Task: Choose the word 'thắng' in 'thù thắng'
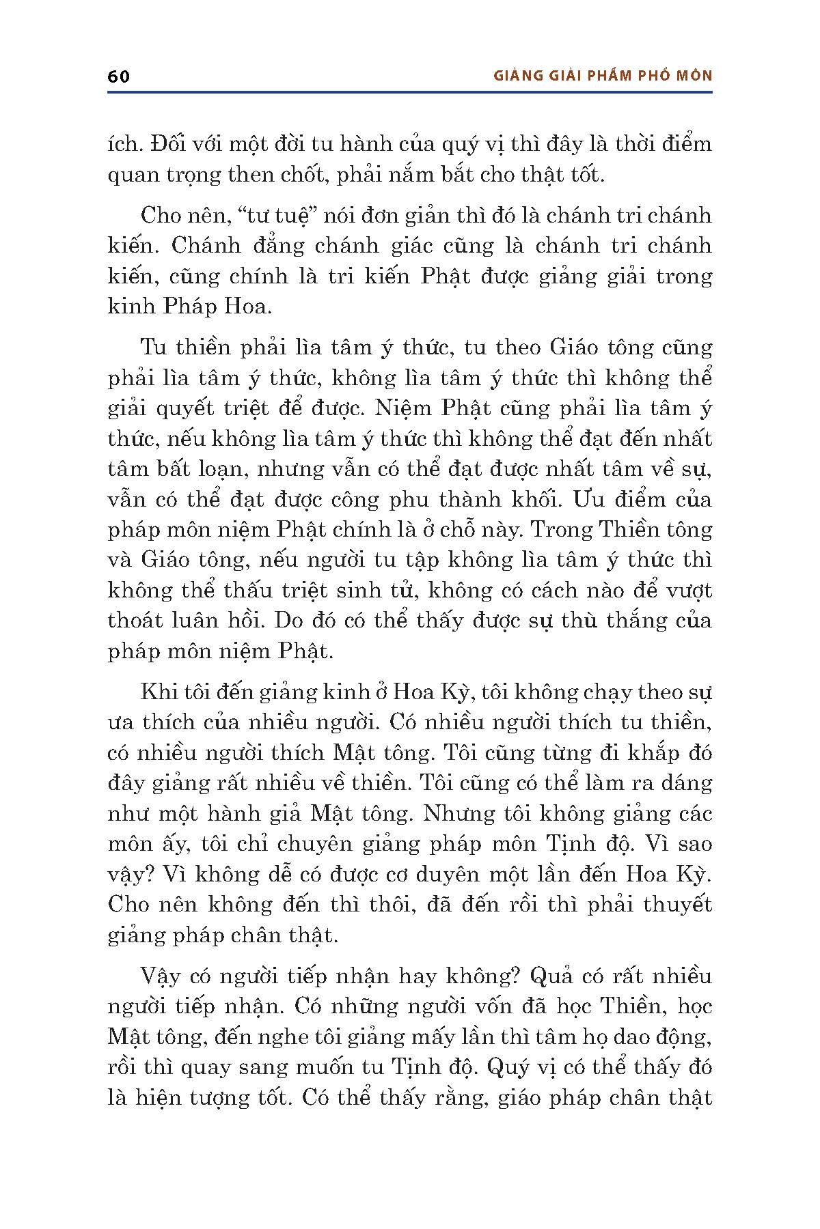point(631,621)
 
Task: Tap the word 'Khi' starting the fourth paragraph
point(156,692)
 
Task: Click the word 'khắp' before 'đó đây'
point(646,753)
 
